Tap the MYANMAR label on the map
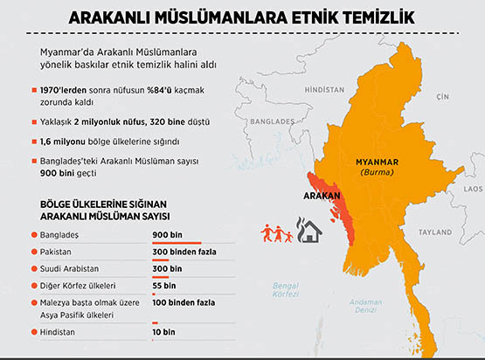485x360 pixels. click(x=377, y=162)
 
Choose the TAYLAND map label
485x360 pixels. click(x=433, y=232)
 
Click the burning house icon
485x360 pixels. click(x=308, y=232)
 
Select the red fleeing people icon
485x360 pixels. click(x=278, y=233)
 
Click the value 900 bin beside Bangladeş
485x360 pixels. click(x=167, y=235)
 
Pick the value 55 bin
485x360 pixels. click(x=163, y=285)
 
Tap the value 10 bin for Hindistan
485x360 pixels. click(x=163, y=333)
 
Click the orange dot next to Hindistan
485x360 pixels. click(x=32, y=333)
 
